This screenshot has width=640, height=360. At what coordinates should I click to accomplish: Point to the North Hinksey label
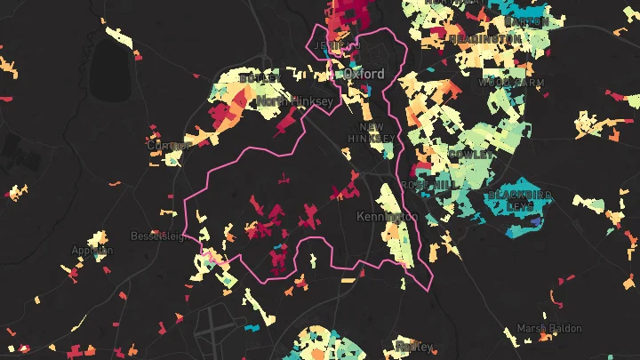pos(295,102)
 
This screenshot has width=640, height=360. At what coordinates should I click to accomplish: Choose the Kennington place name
pos(387,217)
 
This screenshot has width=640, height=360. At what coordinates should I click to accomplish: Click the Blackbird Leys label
pos(520,200)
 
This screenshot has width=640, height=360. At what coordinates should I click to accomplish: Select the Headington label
pos(484,39)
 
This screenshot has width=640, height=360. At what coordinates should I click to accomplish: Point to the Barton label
pos(526,20)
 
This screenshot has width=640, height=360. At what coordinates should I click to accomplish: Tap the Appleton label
pos(92,251)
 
